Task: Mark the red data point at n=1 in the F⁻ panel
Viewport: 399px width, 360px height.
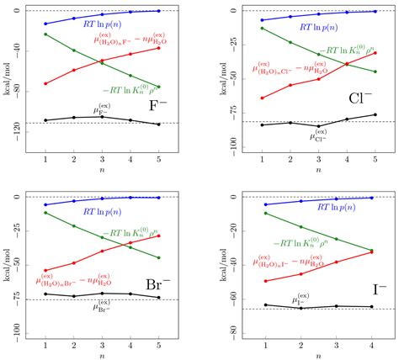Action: point(45,83)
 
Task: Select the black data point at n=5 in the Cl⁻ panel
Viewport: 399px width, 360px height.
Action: point(375,114)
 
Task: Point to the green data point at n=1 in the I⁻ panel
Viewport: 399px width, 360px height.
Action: point(266,213)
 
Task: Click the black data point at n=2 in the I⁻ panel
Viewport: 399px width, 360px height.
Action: point(301,308)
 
